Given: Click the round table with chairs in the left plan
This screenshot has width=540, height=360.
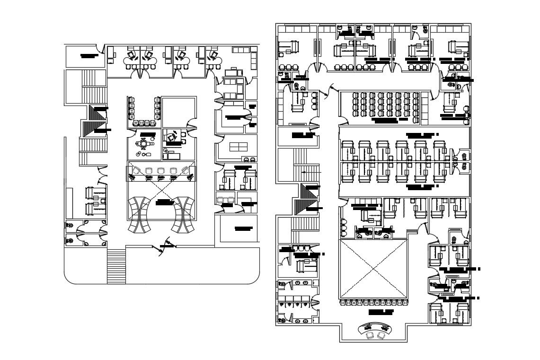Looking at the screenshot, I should click(142, 143).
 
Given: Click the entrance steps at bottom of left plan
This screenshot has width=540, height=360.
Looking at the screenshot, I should click(116, 266).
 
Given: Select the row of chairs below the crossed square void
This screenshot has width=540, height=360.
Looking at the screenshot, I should click(373, 302).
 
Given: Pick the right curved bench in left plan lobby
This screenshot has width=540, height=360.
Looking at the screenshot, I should click(184, 215).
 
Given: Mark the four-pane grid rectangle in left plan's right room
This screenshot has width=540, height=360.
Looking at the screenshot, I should click(238, 146).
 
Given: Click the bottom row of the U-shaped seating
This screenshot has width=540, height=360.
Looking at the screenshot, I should click(143, 123).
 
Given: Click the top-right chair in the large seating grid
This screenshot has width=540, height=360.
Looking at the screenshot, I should click(416, 96).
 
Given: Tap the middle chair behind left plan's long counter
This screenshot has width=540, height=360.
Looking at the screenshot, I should click(160, 171).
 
